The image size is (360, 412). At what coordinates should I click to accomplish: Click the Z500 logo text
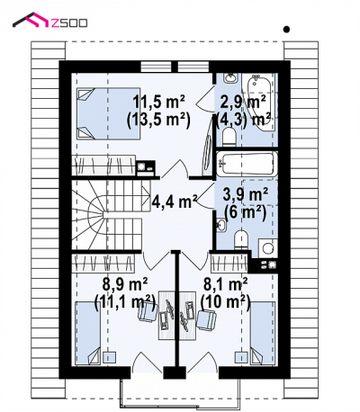pyautogui.click(x=69, y=22)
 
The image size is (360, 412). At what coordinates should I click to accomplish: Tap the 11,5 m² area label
pyautogui.click(x=158, y=102)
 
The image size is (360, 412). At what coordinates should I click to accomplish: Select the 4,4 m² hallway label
pyautogui.click(x=175, y=201)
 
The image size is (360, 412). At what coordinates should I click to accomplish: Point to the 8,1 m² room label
pyautogui.click(x=225, y=283)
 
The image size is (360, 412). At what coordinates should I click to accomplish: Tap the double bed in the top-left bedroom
pyautogui.click(x=108, y=113)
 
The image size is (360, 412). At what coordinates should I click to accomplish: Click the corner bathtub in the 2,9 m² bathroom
pyautogui.click(x=260, y=102)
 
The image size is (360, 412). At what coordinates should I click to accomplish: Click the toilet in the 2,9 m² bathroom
pyautogui.click(x=229, y=137)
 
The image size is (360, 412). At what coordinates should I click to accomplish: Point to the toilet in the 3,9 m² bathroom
pyautogui.click(x=242, y=239)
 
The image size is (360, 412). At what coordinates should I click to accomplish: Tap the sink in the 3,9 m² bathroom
pyautogui.click(x=221, y=225)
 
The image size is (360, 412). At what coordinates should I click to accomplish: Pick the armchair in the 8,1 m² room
pyautogui.click(x=207, y=320)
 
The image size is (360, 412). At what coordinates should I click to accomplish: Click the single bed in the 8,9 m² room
pyautogui.click(x=88, y=333)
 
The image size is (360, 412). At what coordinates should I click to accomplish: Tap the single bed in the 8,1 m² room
pyautogui.click(x=263, y=333)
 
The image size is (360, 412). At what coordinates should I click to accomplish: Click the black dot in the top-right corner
pyautogui.click(x=287, y=30)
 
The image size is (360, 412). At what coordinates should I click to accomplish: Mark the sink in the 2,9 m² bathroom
pyautogui.click(x=230, y=78)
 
